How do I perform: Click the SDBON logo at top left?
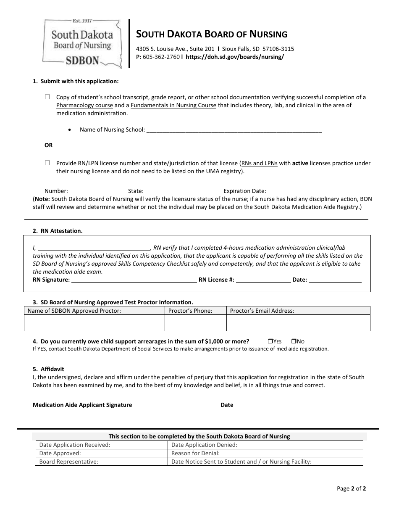(82, 43)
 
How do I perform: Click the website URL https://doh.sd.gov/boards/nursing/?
(234, 57)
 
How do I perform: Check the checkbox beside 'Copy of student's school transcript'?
(47, 97)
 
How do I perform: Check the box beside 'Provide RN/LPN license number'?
(47, 163)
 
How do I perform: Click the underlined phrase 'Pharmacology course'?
(84, 106)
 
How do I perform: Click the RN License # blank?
(263, 280)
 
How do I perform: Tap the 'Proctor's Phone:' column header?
(190, 311)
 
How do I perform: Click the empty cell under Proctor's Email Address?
(298, 323)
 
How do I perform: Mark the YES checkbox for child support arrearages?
(270, 341)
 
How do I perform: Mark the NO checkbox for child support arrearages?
(294, 341)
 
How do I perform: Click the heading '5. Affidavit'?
(48, 369)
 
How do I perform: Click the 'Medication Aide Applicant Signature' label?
(82, 405)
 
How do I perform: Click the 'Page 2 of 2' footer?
(352, 488)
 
